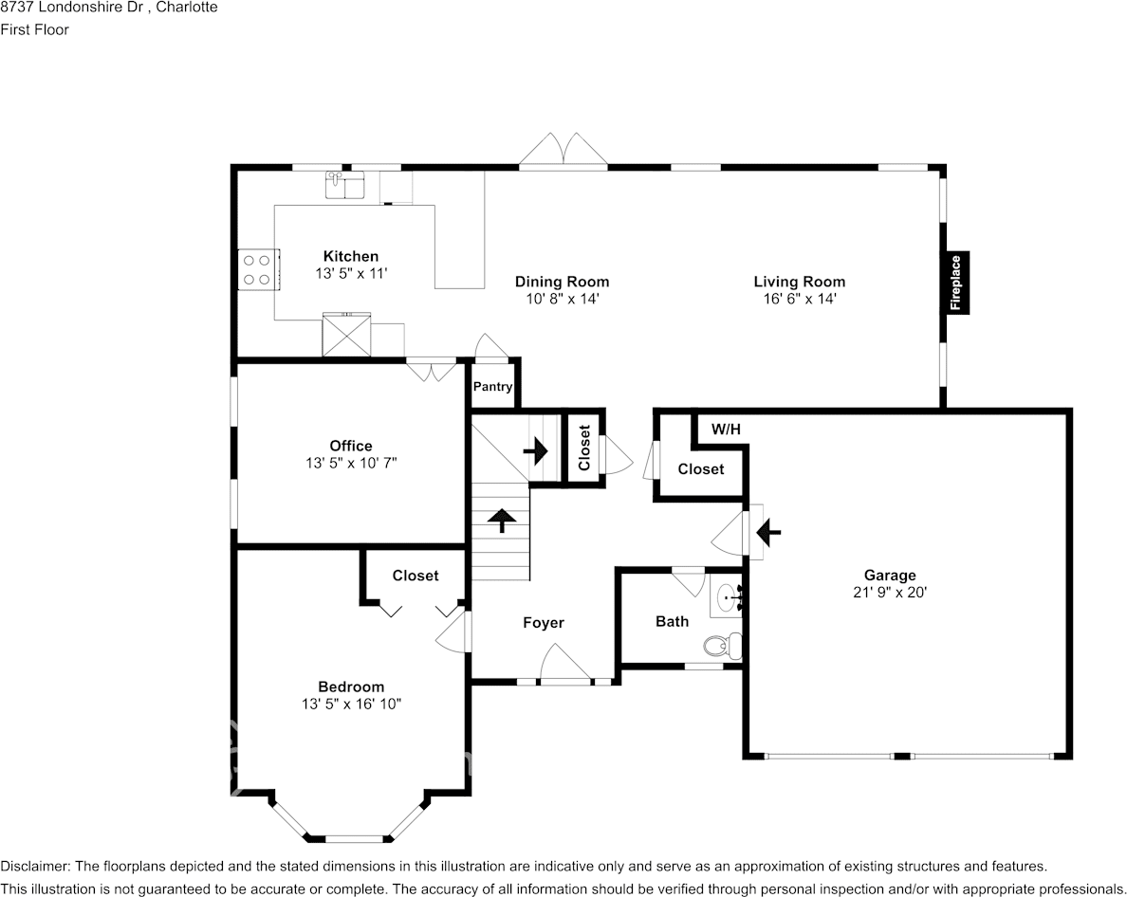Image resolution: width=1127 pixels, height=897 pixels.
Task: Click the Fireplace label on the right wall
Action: pyautogui.click(x=956, y=283)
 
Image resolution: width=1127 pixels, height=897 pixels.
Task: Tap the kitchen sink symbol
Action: pyautogui.click(x=345, y=185)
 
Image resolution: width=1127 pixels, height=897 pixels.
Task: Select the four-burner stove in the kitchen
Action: pyautogui.click(x=257, y=269)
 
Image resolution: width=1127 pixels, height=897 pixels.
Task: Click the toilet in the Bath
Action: pyautogui.click(x=722, y=646)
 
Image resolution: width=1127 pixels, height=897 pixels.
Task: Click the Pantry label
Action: pyautogui.click(x=492, y=386)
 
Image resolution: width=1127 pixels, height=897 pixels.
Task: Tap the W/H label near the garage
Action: pyautogui.click(x=726, y=430)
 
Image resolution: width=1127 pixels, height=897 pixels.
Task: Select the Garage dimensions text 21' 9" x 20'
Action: pyautogui.click(x=890, y=593)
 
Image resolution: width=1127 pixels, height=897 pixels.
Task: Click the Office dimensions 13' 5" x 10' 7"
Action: pyautogui.click(x=351, y=464)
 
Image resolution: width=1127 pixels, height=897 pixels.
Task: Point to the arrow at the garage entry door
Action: pyautogui.click(x=768, y=532)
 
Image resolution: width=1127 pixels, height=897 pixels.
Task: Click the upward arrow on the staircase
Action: pyautogui.click(x=501, y=521)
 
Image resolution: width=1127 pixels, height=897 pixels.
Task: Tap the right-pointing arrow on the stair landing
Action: pyautogui.click(x=535, y=451)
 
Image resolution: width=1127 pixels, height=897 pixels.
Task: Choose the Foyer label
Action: pyautogui.click(x=544, y=623)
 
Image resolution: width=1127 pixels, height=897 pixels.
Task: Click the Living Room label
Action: pyautogui.click(x=800, y=282)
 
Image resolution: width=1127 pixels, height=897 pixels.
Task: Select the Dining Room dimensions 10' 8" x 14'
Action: pyautogui.click(x=562, y=299)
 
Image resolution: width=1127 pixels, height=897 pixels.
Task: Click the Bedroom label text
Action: pyautogui.click(x=351, y=686)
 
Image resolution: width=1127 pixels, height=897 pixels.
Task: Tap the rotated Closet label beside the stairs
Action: pyautogui.click(x=583, y=448)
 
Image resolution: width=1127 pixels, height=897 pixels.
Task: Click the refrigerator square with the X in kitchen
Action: pyautogui.click(x=346, y=335)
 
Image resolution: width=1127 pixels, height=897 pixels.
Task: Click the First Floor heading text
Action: pyautogui.click(x=34, y=29)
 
